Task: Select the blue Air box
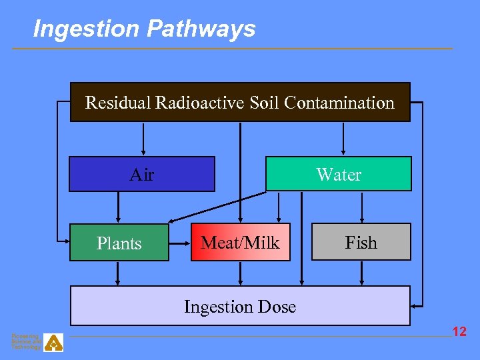tap(141, 175)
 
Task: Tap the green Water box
tap(339, 175)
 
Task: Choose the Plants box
tap(119, 243)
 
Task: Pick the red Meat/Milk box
tap(241, 243)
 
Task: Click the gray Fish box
tap(361, 243)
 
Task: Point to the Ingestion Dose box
tap(240, 306)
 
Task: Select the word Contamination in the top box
tap(339, 103)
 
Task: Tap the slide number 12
tap(459, 331)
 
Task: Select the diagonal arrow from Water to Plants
tap(217, 208)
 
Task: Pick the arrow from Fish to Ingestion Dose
tap(362, 273)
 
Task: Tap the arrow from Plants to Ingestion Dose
tap(119, 273)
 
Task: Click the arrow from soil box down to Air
tap(143, 139)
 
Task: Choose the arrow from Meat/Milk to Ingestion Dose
tap(241, 273)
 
